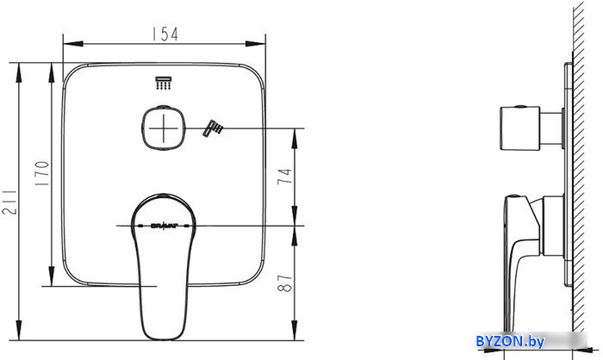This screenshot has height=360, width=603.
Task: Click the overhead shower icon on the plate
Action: coord(162,84)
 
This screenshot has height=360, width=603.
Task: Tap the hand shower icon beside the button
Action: coord(212,129)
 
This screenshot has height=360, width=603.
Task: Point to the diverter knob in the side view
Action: coord(521,128)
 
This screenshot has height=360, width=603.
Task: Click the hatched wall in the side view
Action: coord(586,172)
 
